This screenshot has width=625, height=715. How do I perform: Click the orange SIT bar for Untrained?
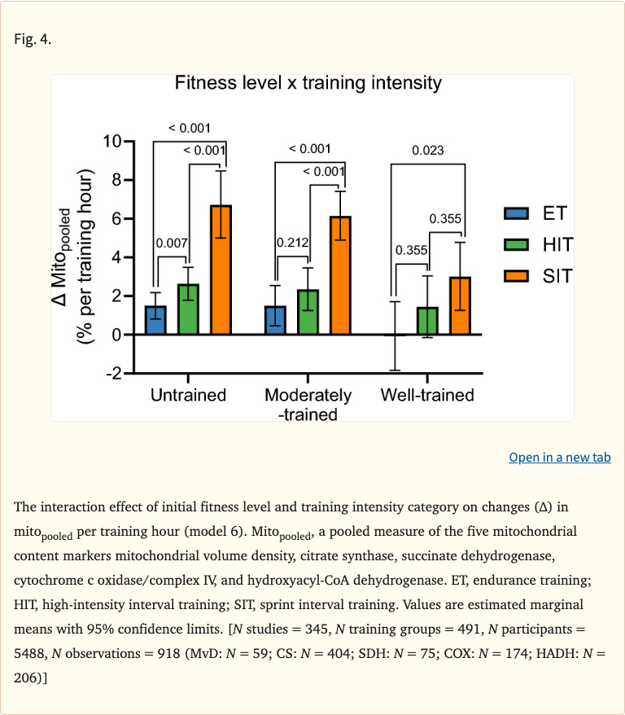point(221,270)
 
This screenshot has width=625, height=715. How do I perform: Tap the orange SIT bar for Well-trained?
point(460,305)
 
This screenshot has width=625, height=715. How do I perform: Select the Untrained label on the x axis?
point(188,396)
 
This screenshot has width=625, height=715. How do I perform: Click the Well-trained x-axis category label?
point(427,396)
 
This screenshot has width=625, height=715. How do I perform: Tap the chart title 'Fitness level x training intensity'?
point(308,83)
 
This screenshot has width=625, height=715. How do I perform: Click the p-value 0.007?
point(172,243)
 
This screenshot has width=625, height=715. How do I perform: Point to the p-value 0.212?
point(291,243)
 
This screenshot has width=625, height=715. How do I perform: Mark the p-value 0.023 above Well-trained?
point(427,150)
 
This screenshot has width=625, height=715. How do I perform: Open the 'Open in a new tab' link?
point(559,457)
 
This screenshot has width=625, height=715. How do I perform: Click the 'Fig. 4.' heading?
point(33,39)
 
